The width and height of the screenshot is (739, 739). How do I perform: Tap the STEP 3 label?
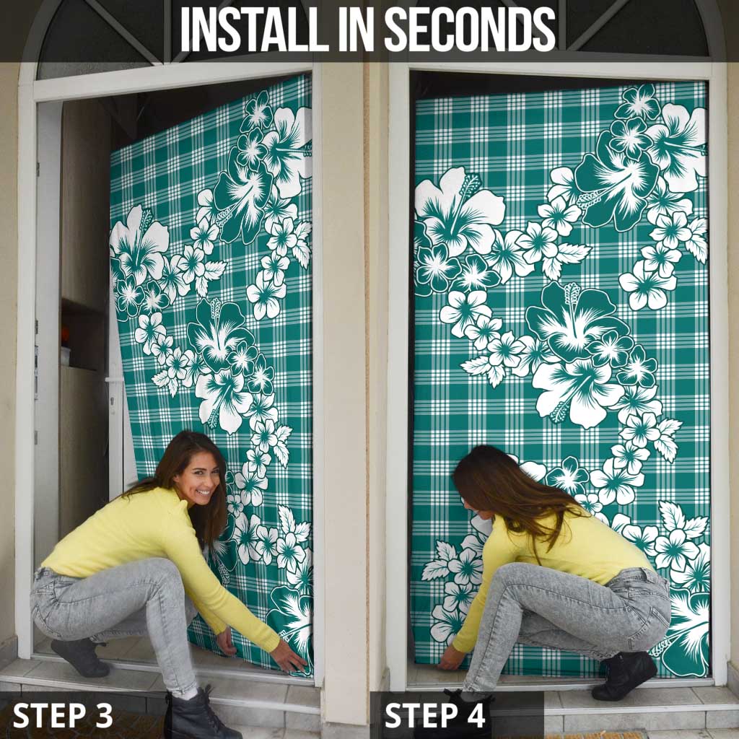63,714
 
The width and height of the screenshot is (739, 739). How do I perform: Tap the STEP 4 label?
434,714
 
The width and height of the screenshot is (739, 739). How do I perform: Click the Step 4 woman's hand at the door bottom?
450,658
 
